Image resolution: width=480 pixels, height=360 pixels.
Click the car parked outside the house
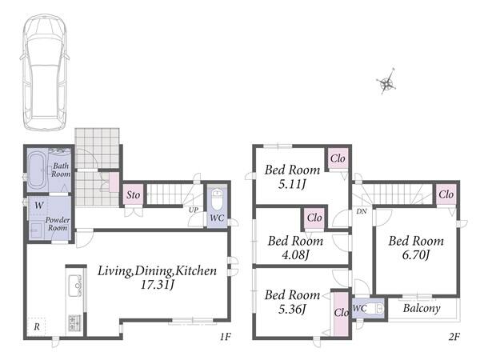(45, 72)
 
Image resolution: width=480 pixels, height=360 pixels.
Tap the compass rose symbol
(387, 82)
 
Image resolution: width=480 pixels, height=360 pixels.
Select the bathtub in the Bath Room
(37, 171)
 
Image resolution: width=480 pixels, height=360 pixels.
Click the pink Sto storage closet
(133, 194)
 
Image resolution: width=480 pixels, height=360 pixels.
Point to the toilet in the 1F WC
(217, 198)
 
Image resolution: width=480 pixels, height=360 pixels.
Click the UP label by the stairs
(193, 210)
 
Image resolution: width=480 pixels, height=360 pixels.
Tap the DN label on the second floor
(362, 211)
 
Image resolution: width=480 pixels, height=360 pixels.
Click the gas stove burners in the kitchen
(74, 323)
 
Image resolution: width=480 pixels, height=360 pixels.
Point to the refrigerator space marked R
(37, 327)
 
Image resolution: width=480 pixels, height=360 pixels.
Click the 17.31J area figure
(157, 286)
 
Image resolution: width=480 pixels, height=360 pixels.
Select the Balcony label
(422, 308)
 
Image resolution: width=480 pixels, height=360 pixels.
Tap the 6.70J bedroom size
(416, 254)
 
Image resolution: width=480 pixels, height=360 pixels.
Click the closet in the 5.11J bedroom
(338, 158)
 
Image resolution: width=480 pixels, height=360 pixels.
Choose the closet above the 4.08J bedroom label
(314, 218)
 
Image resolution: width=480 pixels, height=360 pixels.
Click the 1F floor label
(225, 337)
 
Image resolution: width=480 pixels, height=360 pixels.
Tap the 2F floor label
(454, 337)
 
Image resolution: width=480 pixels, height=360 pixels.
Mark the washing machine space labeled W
(39, 206)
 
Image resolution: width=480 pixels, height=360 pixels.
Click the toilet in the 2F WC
(377, 308)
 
